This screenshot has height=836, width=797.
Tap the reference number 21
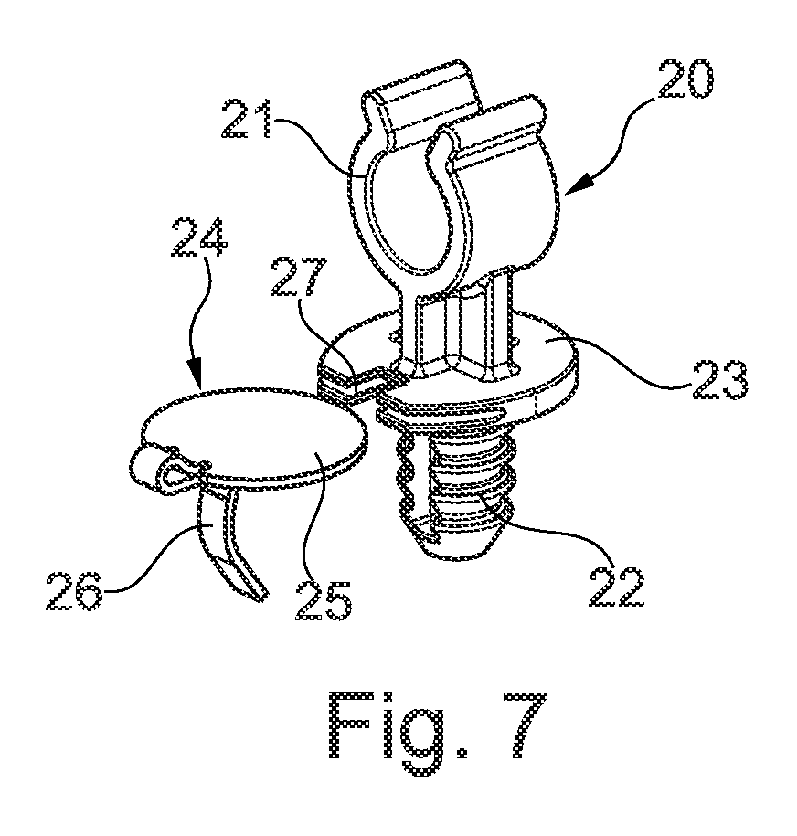coord(247,119)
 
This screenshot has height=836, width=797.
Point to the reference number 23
coord(720,379)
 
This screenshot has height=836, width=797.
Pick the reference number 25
coord(324,600)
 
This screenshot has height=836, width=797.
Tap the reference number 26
coord(75,591)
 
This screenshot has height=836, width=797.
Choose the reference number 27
coord(299,277)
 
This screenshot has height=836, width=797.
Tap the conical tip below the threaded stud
coord(453,544)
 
